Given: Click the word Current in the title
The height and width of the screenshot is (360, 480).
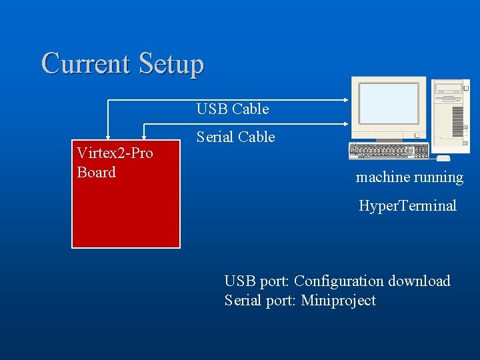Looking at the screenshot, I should (x=86, y=64).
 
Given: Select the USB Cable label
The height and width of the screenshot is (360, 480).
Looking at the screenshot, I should (x=232, y=109).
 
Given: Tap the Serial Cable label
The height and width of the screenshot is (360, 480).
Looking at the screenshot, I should (x=235, y=137).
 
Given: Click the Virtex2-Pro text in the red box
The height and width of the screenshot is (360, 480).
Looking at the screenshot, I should (x=115, y=153).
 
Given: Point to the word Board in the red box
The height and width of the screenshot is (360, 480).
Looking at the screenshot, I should (x=97, y=172).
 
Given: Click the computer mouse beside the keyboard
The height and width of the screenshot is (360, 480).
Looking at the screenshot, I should (x=443, y=158).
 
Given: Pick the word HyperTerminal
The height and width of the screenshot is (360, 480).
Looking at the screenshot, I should (x=407, y=205).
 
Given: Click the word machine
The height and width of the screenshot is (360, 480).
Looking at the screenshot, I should (x=381, y=177).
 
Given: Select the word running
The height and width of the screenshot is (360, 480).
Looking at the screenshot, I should (x=437, y=177).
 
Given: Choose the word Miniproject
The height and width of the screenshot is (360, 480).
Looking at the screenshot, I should (x=338, y=301).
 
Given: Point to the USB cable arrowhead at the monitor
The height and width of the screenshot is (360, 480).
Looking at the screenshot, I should (x=345, y=100).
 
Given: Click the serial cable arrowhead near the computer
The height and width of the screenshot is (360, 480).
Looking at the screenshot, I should (x=345, y=123).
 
